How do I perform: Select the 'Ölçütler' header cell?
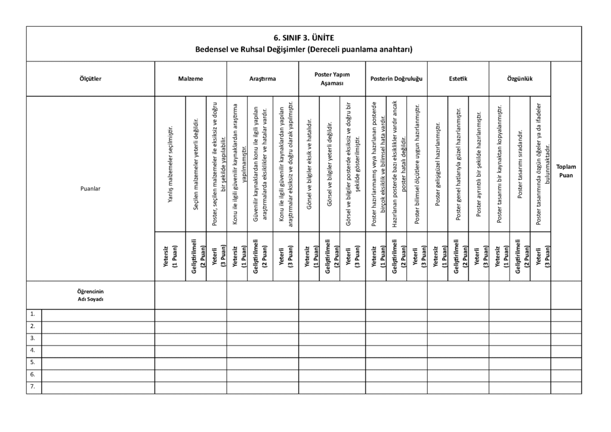pyautogui.click(x=90, y=78)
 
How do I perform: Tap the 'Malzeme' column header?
pyautogui.click(x=190, y=78)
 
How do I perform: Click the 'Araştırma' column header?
pyautogui.click(x=263, y=78)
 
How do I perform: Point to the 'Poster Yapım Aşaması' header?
pyautogui.click(x=332, y=78)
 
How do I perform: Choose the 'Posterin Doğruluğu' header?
pyautogui.click(x=396, y=78)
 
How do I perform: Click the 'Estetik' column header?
pyautogui.click(x=458, y=78)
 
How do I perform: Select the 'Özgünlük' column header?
pyautogui.click(x=519, y=78)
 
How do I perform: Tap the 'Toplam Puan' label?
pyautogui.click(x=566, y=171)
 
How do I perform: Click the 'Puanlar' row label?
pyautogui.click(x=90, y=189)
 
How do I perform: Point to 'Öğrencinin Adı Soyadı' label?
pyautogui.click(x=90, y=295)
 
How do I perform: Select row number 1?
pyautogui.click(x=33, y=314)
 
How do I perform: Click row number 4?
pyautogui.click(x=33, y=350)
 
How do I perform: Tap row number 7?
pyautogui.click(x=33, y=387)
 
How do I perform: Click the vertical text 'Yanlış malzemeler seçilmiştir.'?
pyautogui.click(x=170, y=164)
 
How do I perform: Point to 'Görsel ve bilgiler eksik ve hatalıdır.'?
pyautogui.click(x=308, y=164)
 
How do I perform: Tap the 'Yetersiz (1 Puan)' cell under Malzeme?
pyautogui.click(x=170, y=255)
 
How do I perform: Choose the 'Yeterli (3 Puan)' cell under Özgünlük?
pyautogui.click(x=541, y=255)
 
